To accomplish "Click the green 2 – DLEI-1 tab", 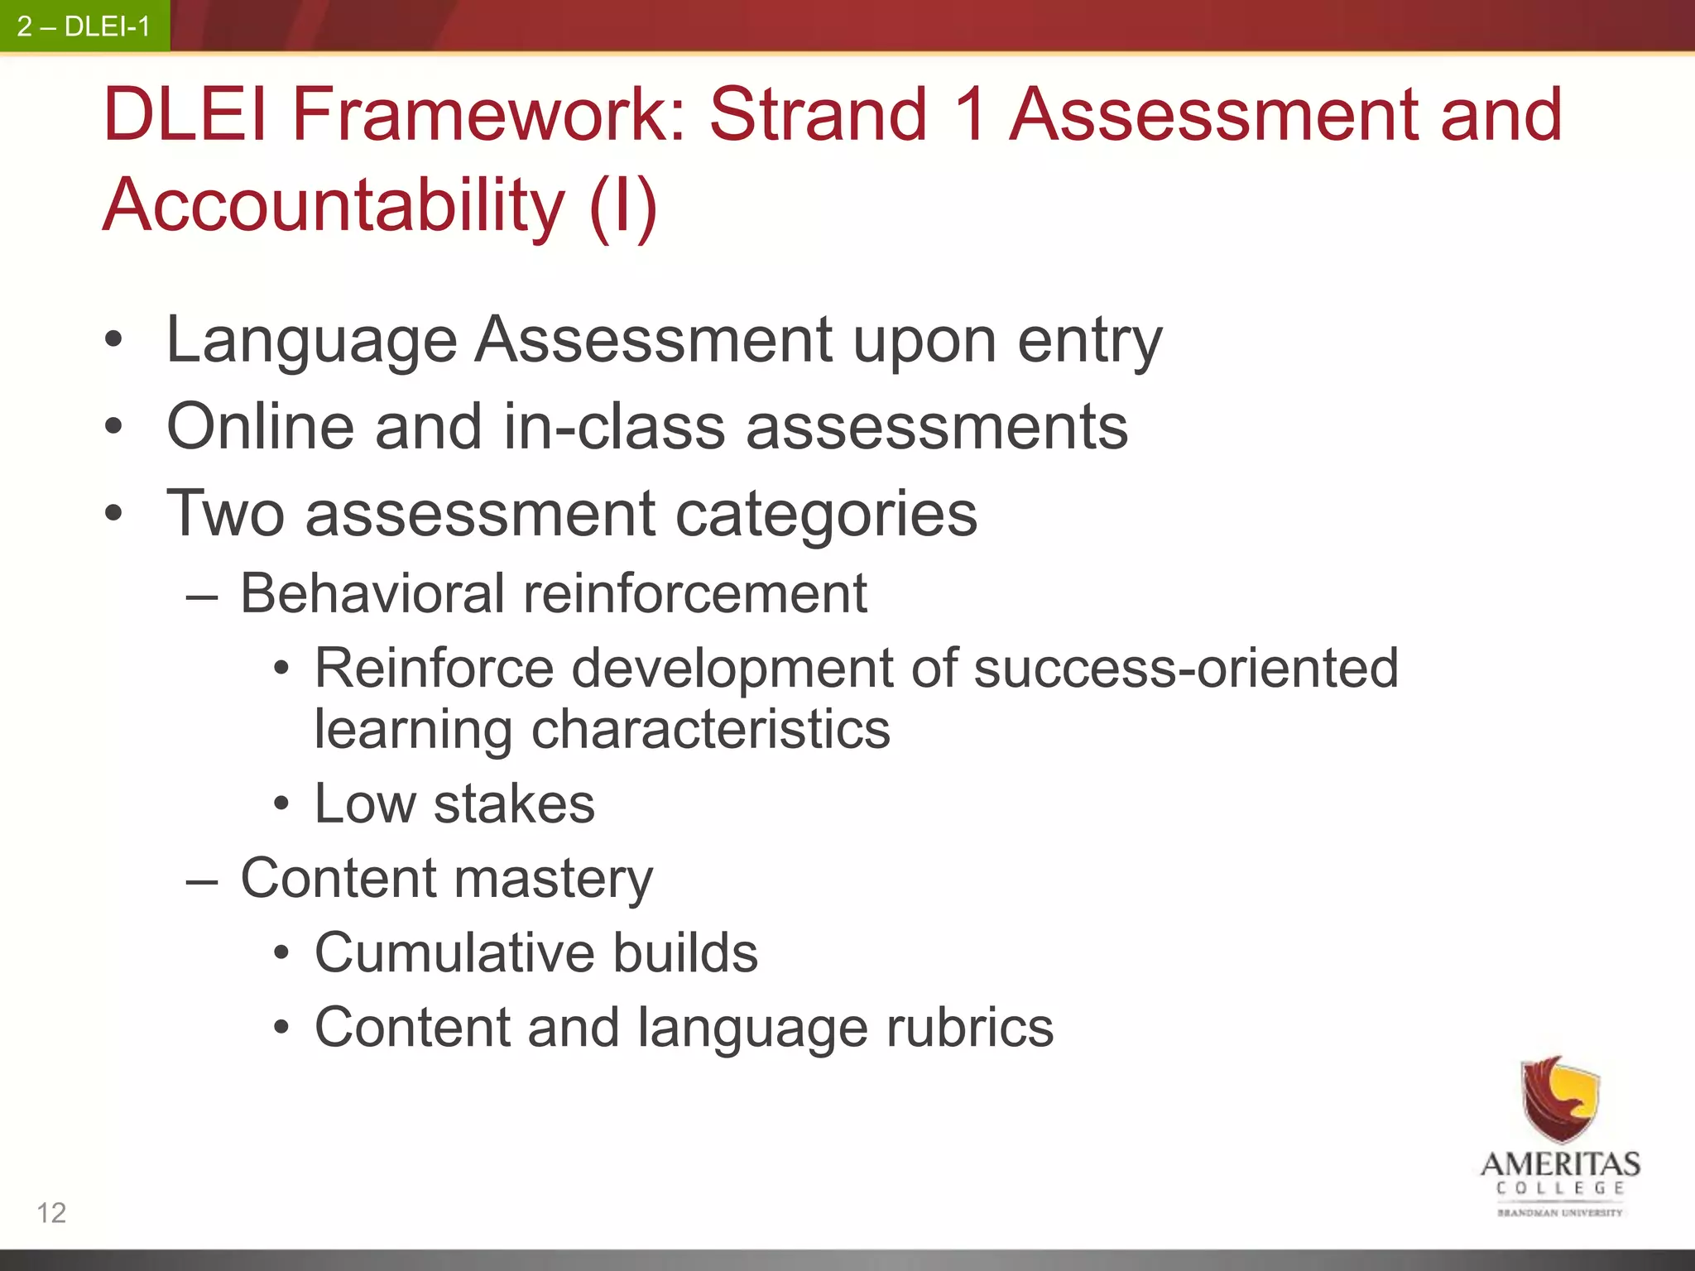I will tap(84, 26).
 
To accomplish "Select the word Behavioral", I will tap(372, 593).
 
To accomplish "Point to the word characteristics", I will tap(710, 730).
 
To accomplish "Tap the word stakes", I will tap(514, 803).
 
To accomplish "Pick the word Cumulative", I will tap(453, 952).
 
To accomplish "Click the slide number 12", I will tap(51, 1212).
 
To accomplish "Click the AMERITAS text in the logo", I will tap(1560, 1164).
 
